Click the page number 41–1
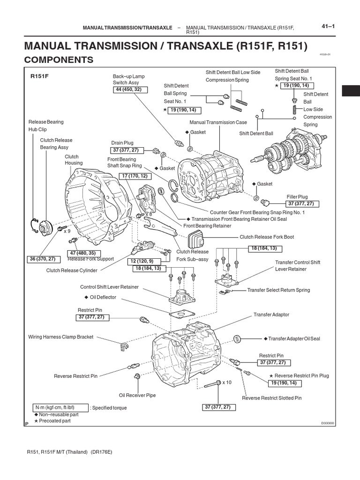coord(327,27)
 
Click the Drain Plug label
coord(122,142)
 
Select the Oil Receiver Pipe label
coord(137,395)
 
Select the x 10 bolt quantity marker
coord(227,382)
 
